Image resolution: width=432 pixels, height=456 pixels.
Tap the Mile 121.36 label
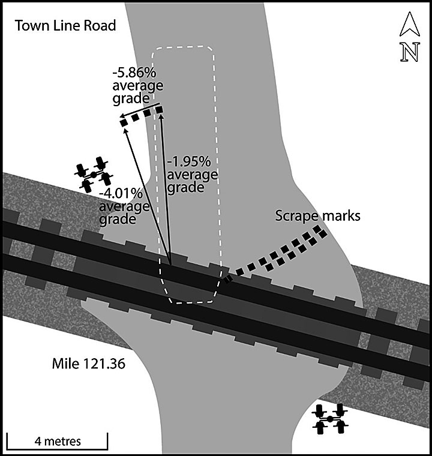pos(88,363)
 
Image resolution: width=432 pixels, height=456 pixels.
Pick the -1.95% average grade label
pos(192,174)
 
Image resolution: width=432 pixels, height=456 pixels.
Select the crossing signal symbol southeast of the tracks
pos(330,418)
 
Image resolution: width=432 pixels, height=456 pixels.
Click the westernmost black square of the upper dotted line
pos(124,123)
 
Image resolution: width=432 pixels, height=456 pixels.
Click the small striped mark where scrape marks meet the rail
pos(227,278)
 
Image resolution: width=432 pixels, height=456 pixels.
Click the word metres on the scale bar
pos(62,441)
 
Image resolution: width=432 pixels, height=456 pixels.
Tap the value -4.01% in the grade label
pos(122,193)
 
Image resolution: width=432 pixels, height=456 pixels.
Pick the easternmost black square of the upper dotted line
pos(160,110)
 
